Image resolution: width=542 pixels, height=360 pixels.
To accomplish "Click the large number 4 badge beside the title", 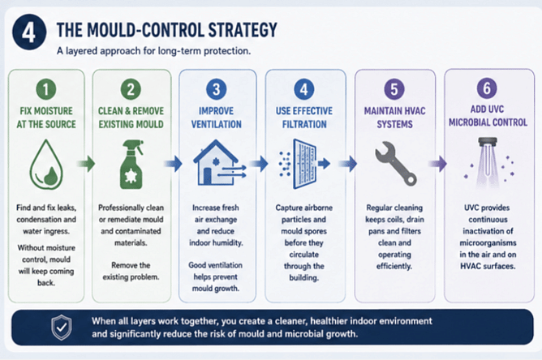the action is tap(29, 32).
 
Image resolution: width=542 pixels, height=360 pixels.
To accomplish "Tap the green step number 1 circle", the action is tap(46, 89).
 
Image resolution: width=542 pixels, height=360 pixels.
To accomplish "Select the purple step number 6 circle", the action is tap(487, 88).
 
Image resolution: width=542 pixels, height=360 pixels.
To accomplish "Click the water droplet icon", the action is tap(46, 165).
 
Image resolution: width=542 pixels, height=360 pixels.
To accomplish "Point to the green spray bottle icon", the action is tap(131, 164).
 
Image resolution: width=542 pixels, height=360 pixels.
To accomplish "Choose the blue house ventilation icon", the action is tap(220, 162).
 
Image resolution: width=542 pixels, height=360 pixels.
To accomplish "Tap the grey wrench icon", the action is tap(396, 164).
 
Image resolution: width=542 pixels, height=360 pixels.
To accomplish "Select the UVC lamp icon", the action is tap(488, 162).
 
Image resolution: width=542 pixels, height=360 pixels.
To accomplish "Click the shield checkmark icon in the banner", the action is tap(62, 328).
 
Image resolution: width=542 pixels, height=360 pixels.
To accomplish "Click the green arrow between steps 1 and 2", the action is tap(86, 164).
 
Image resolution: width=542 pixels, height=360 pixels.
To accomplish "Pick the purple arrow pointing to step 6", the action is tap(438, 164).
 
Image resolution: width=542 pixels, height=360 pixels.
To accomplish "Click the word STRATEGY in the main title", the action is tap(243, 30).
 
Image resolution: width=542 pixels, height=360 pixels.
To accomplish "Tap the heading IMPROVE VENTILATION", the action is tap(217, 118).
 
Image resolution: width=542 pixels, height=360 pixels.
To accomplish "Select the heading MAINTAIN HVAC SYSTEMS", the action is tap(395, 118).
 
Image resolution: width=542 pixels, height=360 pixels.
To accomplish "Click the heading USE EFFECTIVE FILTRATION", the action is tap(304, 118).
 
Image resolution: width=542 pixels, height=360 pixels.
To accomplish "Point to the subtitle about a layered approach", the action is tap(154, 51).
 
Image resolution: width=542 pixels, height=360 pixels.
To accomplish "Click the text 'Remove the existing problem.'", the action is tap(131, 271).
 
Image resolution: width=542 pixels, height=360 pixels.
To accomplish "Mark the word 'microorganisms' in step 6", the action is tap(488, 243).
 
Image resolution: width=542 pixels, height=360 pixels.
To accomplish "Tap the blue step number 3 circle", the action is tap(217, 89).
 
